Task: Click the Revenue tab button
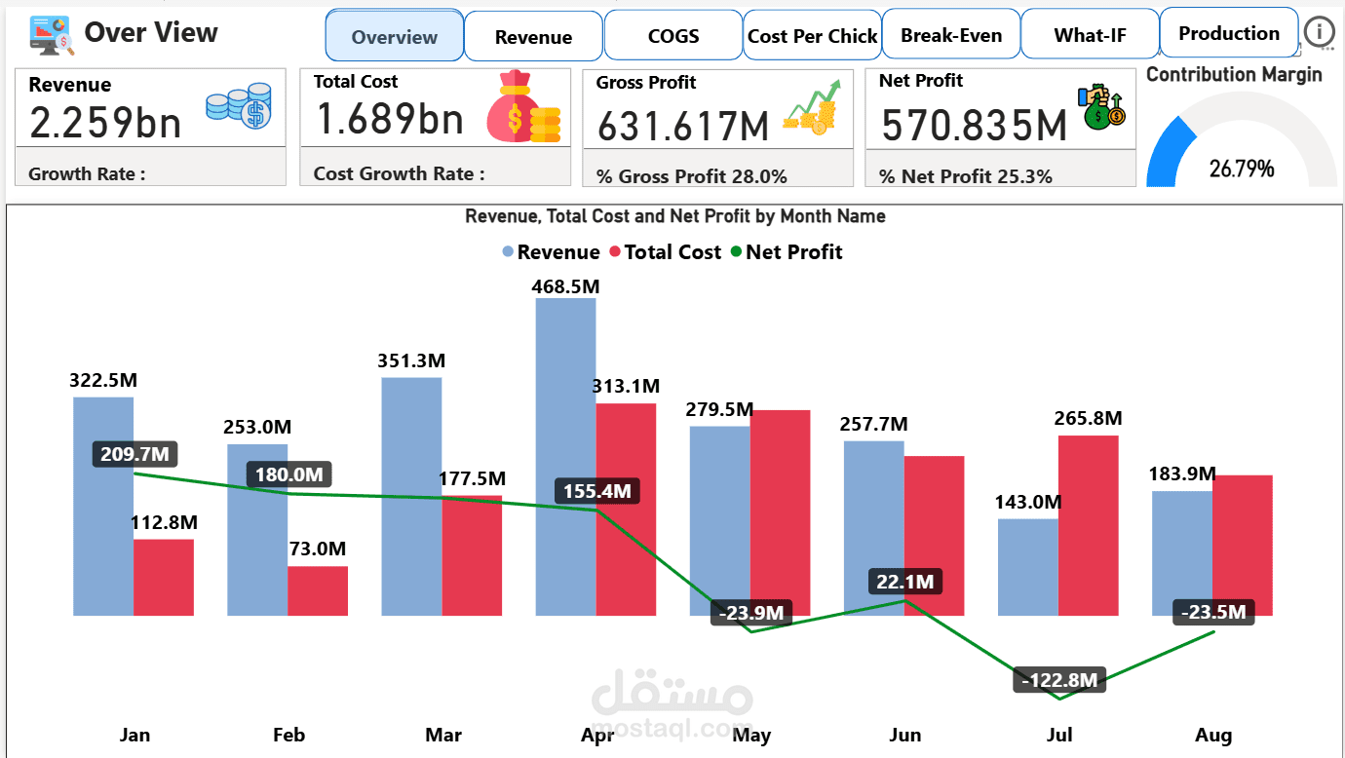click(533, 37)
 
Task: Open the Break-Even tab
click(951, 36)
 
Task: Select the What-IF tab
click(1090, 36)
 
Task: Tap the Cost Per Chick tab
click(812, 36)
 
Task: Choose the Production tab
click(1229, 34)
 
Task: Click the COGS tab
click(673, 36)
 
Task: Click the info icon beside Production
click(1320, 33)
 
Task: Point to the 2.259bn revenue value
click(105, 123)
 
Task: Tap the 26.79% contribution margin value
click(1242, 169)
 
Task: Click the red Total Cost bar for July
click(1088, 525)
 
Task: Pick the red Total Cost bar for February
click(318, 590)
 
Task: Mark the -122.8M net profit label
click(1059, 680)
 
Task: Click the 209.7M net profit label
click(134, 454)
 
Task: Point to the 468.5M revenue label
click(565, 286)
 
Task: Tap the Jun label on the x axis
click(905, 735)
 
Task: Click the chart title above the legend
click(674, 216)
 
